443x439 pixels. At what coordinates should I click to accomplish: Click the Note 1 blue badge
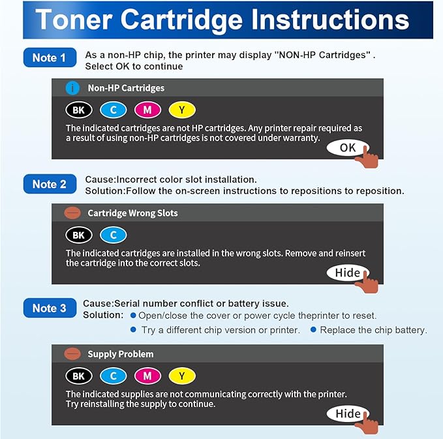pyautogui.click(x=49, y=58)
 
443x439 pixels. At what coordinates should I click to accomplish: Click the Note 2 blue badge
pyautogui.click(x=49, y=184)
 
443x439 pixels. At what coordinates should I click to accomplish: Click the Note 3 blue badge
pyautogui.click(x=49, y=308)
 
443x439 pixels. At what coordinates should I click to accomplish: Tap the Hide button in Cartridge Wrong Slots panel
pyautogui.click(x=348, y=272)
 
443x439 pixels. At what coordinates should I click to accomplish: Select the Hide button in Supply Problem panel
pyautogui.click(x=348, y=414)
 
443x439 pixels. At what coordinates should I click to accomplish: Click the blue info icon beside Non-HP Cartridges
pyautogui.click(x=72, y=88)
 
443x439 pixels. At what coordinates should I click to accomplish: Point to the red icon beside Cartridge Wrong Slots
pyautogui.click(x=72, y=213)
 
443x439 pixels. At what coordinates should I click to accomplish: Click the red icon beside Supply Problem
pyautogui.click(x=72, y=354)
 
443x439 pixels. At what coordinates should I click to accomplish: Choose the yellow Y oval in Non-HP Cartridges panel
pyautogui.click(x=181, y=110)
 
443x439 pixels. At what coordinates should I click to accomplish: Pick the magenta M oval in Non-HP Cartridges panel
pyautogui.click(x=147, y=110)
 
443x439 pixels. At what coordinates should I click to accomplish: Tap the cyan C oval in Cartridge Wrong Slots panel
pyautogui.click(x=113, y=235)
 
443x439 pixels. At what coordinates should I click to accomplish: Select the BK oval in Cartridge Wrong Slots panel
pyautogui.click(x=78, y=235)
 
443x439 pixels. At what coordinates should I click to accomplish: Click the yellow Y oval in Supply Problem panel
pyautogui.click(x=181, y=376)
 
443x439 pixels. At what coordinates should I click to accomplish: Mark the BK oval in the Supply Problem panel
pyautogui.click(x=78, y=376)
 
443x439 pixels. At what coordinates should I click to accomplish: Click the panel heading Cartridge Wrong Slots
pyautogui.click(x=132, y=213)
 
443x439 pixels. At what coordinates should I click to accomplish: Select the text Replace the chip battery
pyautogui.click(x=373, y=330)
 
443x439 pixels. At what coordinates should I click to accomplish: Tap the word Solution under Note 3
pyautogui.click(x=102, y=316)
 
